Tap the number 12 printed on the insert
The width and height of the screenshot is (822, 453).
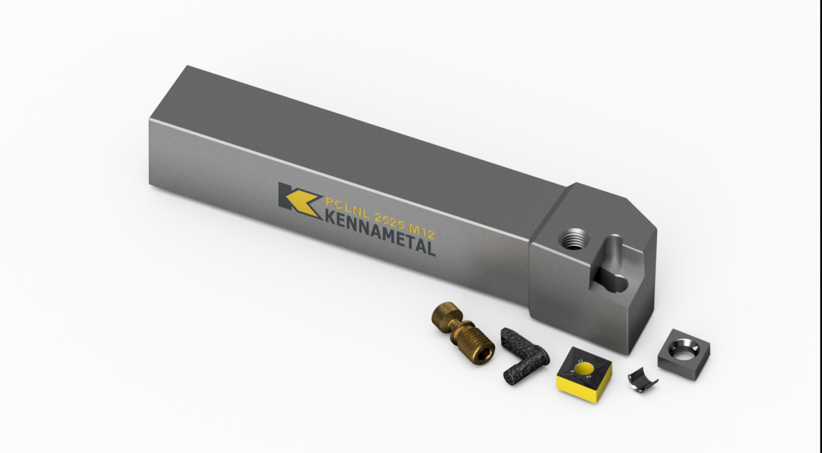point(581,361)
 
